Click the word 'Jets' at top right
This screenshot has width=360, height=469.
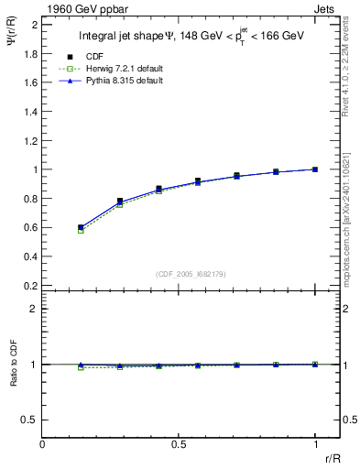pyautogui.click(x=326, y=8)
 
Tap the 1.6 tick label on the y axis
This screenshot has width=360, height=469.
pyautogui.click(x=30, y=82)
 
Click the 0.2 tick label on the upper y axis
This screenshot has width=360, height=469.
pyautogui.click(x=30, y=286)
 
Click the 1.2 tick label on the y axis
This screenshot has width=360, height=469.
pyautogui.click(x=30, y=140)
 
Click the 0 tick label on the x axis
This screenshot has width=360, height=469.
pyautogui.click(x=42, y=444)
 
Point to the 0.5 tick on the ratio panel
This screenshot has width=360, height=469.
pyautogui.click(x=30, y=420)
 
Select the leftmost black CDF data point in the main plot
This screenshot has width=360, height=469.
pyautogui.click(x=81, y=227)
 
